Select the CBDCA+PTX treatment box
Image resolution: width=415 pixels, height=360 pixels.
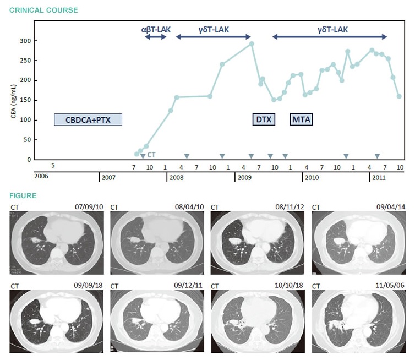pos(88,120)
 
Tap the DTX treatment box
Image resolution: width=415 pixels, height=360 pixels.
pos(264,120)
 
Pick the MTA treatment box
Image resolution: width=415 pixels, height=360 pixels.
pos(301,120)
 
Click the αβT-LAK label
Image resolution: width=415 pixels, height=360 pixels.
pos(155,29)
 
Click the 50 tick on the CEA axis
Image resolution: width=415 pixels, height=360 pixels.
pos(25,140)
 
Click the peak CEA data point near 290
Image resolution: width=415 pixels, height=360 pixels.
pos(252,43)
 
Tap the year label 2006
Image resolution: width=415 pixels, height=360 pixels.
pos(41,178)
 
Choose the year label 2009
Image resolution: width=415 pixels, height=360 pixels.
pos(244,178)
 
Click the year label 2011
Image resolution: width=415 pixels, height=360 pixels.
pos(378,178)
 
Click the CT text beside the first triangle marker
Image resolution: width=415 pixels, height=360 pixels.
pos(151,155)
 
